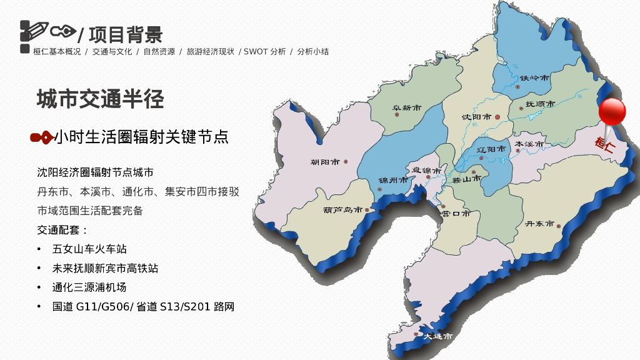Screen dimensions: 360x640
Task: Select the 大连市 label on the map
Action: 437,336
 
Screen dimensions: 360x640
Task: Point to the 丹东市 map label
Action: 539,223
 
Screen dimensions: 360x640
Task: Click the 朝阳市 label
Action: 325,162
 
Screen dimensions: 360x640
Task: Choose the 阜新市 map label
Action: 407,108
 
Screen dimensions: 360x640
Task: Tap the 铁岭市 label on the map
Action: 534,77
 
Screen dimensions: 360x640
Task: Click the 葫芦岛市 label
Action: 342,209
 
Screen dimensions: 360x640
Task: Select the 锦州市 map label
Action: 393,180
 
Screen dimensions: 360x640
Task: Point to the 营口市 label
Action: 455,213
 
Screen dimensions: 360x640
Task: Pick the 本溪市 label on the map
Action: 529,144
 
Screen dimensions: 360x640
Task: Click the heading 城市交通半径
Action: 101,99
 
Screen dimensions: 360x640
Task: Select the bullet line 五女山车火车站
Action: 89,249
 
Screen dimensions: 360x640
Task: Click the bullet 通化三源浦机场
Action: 89,287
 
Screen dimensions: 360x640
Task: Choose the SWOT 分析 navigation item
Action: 264,52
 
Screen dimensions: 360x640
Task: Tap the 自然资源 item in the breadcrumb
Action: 159,52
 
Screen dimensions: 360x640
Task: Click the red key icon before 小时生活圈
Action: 42,137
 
